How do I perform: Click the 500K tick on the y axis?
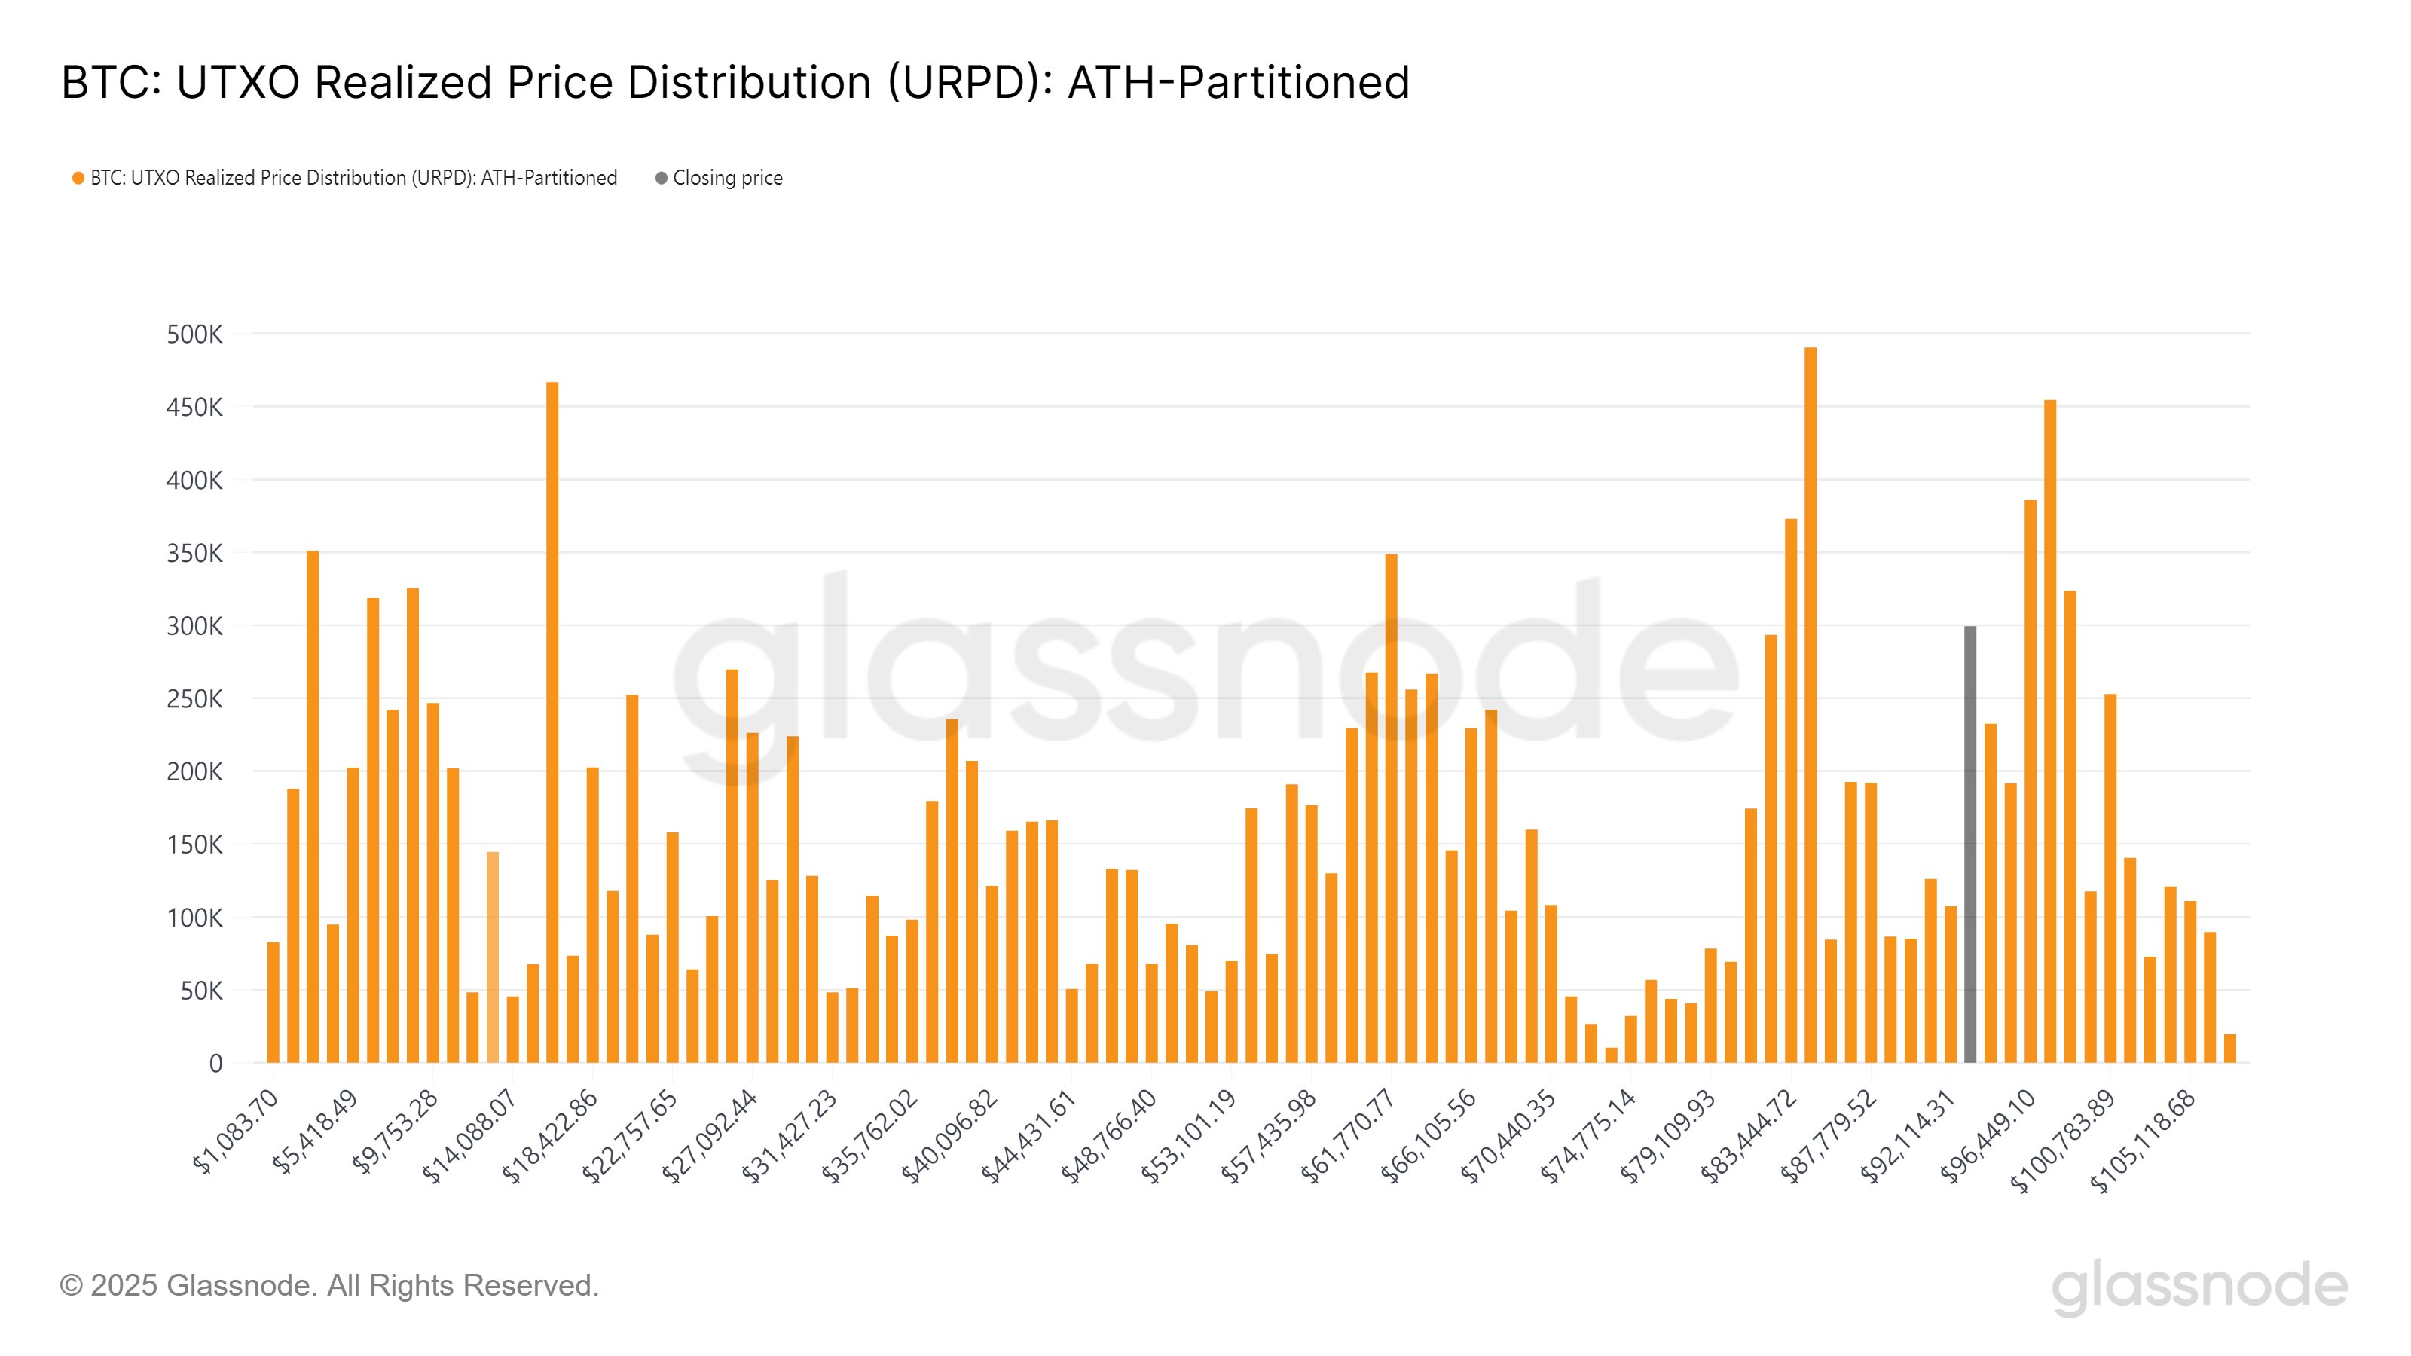pyautogui.click(x=194, y=334)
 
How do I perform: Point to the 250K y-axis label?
pyautogui.click(x=194, y=699)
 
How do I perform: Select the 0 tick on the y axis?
pyautogui.click(x=215, y=1063)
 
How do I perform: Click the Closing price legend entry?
pyautogui.click(x=726, y=178)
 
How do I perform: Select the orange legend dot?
pyautogui.click(x=78, y=178)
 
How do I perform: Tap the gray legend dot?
pyautogui.click(x=661, y=178)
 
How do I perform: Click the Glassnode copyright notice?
pyautogui.click(x=329, y=1285)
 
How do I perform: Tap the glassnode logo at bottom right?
pyautogui.click(x=2199, y=1287)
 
